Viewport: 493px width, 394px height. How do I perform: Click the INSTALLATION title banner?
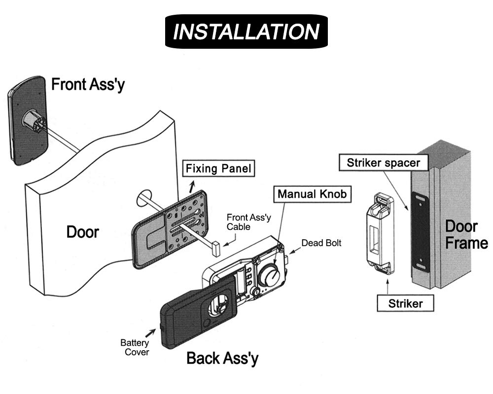point(246,32)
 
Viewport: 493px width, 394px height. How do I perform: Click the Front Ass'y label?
point(88,85)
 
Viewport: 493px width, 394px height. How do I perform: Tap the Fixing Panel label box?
point(218,169)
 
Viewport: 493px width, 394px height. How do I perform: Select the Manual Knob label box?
point(312,194)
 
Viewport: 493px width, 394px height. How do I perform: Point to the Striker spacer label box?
point(384,163)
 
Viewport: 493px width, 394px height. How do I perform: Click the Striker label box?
point(405,303)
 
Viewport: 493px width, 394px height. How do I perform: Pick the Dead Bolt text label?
point(321,243)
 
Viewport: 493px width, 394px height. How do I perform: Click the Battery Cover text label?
point(135,347)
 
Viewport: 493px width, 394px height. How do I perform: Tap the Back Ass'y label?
point(223,359)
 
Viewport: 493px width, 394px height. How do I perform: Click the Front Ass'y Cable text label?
point(248,222)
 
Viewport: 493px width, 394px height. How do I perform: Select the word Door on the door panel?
point(83,232)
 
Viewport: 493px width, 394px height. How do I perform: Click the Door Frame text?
point(466,235)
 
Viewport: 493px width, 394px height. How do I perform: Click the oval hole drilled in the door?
point(144,197)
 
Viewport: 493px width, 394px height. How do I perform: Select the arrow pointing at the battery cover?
point(150,334)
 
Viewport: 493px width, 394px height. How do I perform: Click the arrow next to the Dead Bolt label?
point(294,250)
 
